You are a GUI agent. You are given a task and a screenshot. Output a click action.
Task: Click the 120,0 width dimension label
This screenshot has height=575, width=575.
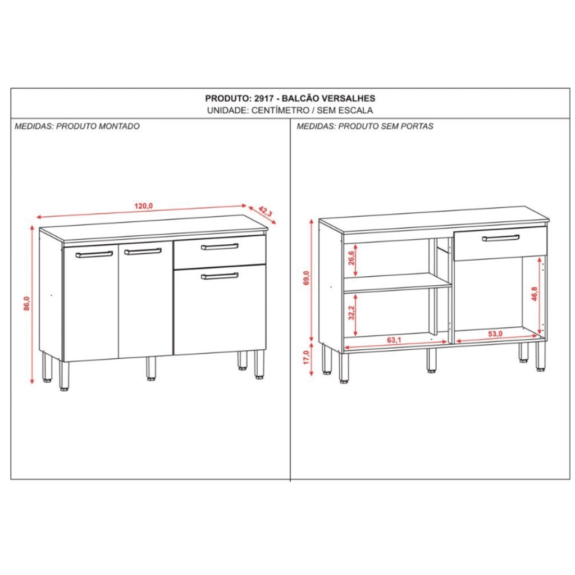click(143, 206)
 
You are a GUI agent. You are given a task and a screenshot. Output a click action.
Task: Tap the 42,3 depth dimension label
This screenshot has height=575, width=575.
click(265, 212)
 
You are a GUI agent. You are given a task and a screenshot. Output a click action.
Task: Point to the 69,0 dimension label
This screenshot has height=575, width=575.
click(307, 277)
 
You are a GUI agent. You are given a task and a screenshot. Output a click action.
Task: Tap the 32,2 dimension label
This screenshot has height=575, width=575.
click(352, 313)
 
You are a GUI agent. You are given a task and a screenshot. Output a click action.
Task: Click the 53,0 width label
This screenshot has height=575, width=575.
click(495, 334)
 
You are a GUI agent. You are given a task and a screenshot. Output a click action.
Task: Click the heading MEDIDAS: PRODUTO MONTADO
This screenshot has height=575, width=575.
click(77, 126)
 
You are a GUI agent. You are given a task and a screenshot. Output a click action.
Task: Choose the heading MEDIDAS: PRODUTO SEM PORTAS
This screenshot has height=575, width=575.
click(365, 126)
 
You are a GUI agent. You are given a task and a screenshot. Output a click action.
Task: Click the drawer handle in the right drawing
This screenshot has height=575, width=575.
click(500, 238)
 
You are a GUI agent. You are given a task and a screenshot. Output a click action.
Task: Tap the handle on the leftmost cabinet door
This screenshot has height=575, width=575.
click(94, 254)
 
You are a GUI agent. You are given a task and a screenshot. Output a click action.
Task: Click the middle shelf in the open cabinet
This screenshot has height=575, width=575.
click(398, 283)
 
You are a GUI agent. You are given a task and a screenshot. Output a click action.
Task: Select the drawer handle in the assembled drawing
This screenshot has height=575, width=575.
click(220, 246)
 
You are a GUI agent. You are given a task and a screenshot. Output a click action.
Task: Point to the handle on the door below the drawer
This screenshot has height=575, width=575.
click(220, 275)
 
